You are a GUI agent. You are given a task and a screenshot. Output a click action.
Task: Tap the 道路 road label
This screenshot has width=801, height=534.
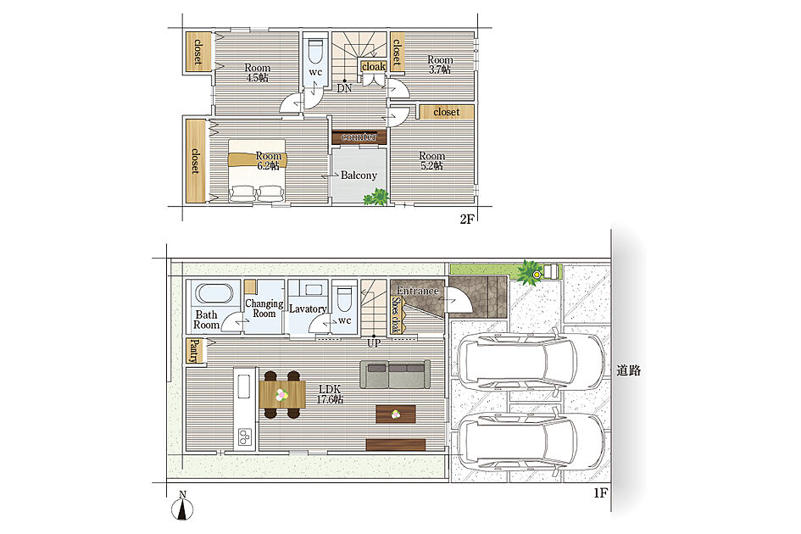coord(628,370)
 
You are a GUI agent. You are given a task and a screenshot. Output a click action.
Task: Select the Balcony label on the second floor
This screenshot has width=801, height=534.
coord(359,175)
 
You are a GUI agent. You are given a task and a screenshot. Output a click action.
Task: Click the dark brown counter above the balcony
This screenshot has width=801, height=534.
coord(359,137)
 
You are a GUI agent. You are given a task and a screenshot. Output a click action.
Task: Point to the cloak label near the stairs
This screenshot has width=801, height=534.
coord(374,66)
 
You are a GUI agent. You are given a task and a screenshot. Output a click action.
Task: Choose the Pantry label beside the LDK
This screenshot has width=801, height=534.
coord(193,351)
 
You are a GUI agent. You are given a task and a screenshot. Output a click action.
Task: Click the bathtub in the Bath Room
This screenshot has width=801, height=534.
coord(215,294)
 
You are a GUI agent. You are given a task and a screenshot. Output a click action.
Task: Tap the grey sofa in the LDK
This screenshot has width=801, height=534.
coord(395,375)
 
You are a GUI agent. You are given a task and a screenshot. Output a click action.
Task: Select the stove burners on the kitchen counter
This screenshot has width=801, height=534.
coord(245,437)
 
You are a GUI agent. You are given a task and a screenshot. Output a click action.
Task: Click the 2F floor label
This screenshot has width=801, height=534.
coord(467,220)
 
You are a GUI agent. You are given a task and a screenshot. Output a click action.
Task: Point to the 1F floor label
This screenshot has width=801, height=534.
coord(600,493)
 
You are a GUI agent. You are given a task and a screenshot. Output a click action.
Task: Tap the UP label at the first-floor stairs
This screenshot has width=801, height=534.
coord(374,343)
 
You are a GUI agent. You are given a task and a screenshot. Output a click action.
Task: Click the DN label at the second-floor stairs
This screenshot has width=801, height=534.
coord(344,88)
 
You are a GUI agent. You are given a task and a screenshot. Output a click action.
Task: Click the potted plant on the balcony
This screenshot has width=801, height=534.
coord(376,197)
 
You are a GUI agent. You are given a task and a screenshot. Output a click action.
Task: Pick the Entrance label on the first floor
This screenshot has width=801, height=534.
coord(417,291)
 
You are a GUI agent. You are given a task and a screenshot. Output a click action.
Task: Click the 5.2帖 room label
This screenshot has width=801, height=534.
coord(431,160)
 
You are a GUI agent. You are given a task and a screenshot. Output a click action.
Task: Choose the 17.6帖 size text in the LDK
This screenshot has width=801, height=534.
coord(330,399)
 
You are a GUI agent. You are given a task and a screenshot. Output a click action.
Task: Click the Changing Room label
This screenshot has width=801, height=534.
coord(264,309)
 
